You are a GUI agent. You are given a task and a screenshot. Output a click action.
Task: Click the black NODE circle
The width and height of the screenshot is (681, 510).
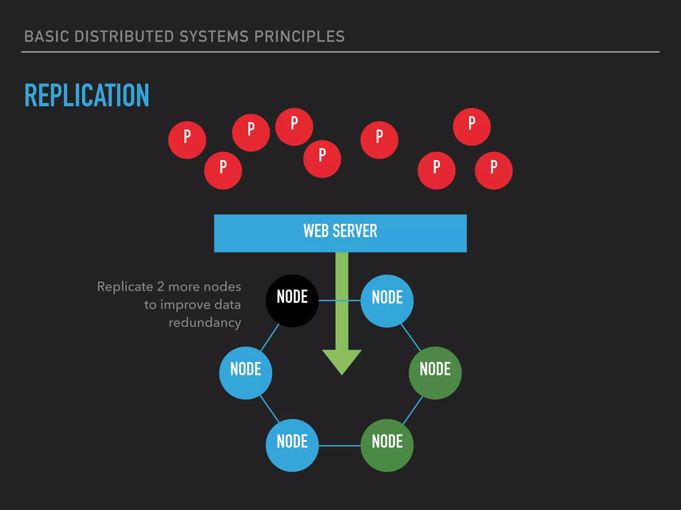pos(292,300)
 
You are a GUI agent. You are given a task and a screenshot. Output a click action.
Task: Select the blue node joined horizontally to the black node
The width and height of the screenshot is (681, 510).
pos(387,301)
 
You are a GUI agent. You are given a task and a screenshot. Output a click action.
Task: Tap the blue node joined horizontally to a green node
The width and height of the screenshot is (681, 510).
pos(292,445)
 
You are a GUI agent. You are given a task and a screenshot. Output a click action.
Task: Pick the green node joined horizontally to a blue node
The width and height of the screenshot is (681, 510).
pos(387,445)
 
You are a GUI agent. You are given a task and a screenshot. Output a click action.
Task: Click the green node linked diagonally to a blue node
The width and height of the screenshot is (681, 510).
pos(435,373)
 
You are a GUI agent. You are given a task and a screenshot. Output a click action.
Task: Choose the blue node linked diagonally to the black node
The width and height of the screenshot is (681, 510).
pos(245,373)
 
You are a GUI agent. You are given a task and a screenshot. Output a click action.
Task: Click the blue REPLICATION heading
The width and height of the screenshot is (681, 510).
pos(87,96)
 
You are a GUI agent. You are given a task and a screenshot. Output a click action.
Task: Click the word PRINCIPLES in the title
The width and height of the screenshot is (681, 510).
pos(299,37)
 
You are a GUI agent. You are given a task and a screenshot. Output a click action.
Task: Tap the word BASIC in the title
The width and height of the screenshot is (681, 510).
pos(47,37)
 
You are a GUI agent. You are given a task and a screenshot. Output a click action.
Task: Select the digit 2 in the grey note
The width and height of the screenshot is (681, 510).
pos(161,287)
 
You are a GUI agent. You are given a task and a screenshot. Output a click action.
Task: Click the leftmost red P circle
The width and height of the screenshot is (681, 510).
pos(187,140)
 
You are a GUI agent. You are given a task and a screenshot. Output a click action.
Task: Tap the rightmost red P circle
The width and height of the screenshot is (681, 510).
pos(493,170)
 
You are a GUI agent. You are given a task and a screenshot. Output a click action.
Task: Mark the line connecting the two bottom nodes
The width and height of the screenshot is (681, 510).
pos(340,446)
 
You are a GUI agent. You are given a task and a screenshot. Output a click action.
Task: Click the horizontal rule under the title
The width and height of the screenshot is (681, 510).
pos(340,52)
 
